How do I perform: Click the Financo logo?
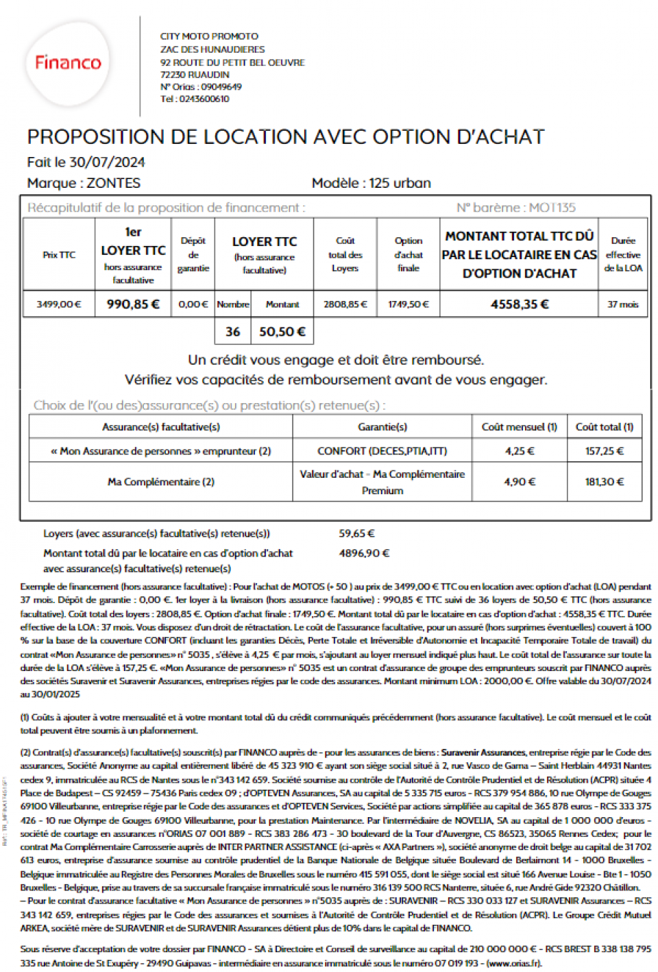(68, 63)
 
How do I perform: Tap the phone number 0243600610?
(204, 99)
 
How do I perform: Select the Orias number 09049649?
(221, 86)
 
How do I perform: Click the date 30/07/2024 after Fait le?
(108, 162)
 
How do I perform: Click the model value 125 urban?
(400, 183)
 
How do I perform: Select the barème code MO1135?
(552, 208)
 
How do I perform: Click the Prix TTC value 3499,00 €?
(59, 304)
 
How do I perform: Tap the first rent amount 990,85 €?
(133, 304)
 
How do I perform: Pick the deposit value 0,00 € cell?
(193, 304)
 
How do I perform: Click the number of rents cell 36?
(233, 332)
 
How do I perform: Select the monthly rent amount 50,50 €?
(282, 332)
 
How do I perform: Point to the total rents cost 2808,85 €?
(345, 304)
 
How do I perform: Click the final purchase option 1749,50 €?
(408, 304)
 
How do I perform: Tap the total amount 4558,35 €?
(519, 304)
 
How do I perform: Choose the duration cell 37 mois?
(622, 304)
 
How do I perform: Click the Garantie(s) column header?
(382, 427)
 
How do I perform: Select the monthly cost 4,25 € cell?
(519, 451)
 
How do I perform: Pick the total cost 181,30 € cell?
(604, 482)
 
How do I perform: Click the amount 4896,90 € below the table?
(364, 553)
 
